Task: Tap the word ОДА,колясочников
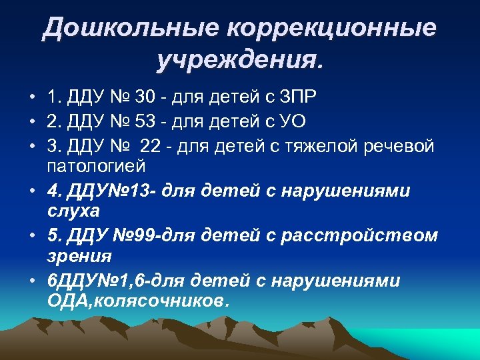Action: tap(138, 300)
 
